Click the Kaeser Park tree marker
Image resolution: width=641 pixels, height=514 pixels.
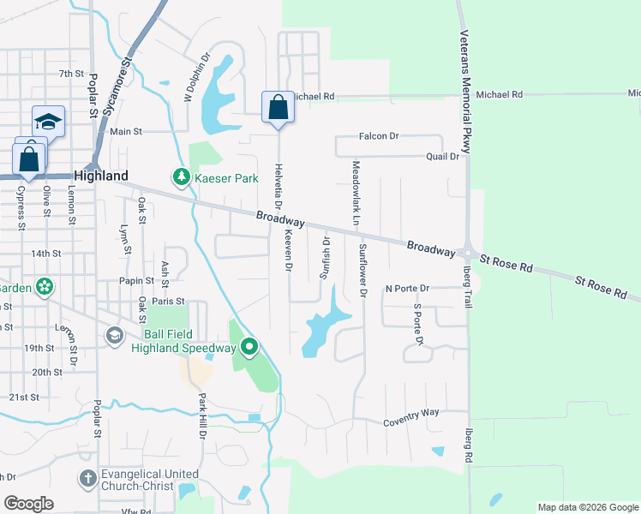[x=181, y=176]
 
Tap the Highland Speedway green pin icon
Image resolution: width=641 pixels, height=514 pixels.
[x=249, y=347]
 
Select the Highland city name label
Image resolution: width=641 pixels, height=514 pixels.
[x=101, y=175]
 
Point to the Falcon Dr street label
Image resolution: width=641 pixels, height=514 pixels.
[x=380, y=136]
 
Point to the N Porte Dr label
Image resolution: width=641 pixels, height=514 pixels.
[x=406, y=289]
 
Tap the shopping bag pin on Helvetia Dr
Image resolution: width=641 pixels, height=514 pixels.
[x=278, y=108]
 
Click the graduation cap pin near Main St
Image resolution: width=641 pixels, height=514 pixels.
[x=48, y=123]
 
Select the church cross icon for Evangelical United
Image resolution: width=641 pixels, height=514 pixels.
[x=87, y=479]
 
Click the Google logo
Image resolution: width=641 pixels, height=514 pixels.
[x=28, y=504]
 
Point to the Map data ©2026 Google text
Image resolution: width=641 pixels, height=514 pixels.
[x=587, y=507]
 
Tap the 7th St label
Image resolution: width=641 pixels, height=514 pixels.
[x=69, y=75]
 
